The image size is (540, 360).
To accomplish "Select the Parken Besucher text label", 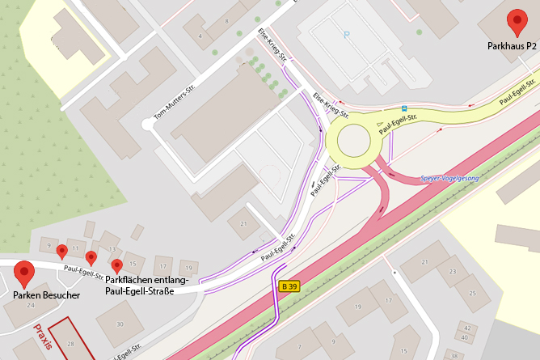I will tap(46, 295).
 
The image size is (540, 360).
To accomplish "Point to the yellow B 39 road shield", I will tap(289, 286).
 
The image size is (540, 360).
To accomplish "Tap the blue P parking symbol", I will tap(348, 35).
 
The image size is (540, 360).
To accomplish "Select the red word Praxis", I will tap(43, 337).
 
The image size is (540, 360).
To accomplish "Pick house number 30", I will tap(120, 324).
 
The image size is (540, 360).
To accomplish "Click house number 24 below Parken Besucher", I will tap(30, 305).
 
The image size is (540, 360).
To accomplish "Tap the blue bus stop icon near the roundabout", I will tap(404, 108).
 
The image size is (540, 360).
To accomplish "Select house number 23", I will tap(452, 271).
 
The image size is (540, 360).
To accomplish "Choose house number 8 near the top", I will tap(227, 20).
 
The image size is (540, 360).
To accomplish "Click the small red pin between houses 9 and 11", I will tap(61, 252).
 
